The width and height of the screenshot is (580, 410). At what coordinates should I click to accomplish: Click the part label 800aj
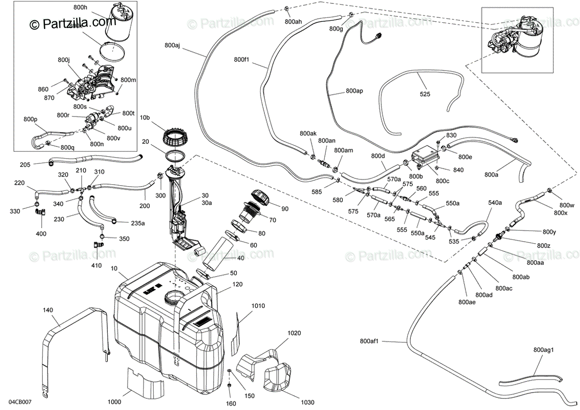click(172, 45)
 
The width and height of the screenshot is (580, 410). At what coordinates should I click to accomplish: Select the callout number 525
click(425, 94)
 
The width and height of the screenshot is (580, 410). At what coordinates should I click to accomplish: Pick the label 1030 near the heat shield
click(306, 402)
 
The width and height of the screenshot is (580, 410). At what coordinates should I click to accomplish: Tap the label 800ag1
click(545, 350)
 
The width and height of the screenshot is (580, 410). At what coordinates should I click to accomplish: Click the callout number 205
click(26, 165)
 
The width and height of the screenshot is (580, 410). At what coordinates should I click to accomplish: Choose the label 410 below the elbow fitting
click(96, 265)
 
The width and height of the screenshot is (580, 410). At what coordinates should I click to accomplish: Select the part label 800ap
click(354, 90)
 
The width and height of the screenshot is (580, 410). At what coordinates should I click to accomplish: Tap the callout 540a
click(495, 203)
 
